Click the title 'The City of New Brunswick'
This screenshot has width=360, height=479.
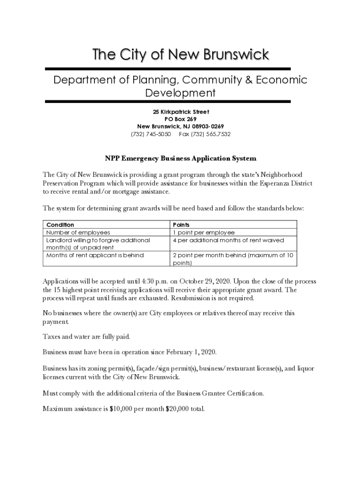(180, 55)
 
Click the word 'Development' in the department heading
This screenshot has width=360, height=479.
(180, 93)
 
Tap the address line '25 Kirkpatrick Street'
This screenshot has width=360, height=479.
(180, 112)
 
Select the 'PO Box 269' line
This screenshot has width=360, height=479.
(180, 119)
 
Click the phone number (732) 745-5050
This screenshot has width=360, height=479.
(151, 134)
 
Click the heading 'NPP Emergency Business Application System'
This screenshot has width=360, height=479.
(180, 159)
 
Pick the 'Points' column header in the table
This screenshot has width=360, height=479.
(181, 225)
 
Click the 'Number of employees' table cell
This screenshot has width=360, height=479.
(78, 232)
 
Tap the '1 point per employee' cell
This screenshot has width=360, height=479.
(203, 232)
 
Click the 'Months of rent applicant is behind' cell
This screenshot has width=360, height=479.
(95, 255)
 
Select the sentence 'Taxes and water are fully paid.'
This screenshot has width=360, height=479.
(86, 336)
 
